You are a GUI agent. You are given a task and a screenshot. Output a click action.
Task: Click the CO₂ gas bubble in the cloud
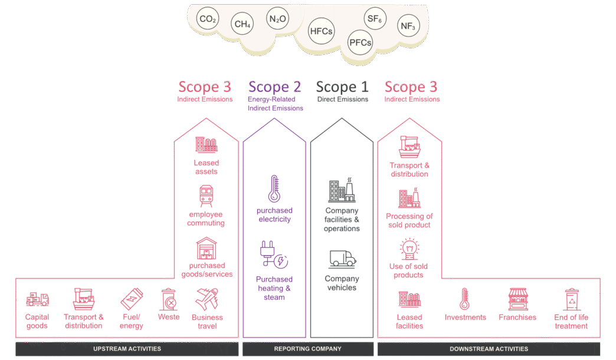pos(207,20)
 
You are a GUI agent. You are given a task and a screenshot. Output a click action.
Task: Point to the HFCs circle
pos(321,31)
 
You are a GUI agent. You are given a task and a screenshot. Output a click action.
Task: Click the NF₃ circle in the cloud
pos(407,27)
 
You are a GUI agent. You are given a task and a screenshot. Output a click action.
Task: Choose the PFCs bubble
pos(360,43)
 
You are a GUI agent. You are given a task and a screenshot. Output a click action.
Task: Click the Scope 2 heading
pos(275,87)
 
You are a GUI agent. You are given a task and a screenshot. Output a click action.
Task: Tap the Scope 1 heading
pos(342,87)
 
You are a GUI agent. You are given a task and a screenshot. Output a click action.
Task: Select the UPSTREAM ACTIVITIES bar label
pos(127,349)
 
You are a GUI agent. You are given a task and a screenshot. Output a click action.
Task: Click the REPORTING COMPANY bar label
pos(308,349)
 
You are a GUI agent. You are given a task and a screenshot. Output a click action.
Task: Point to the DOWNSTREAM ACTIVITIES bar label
pos(489,349)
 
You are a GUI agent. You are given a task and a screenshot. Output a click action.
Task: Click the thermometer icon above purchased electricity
pos(274,188)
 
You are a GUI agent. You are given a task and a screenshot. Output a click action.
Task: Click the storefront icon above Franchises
pos(517,299)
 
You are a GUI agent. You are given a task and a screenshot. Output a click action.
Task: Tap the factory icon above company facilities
pos(342,190)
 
